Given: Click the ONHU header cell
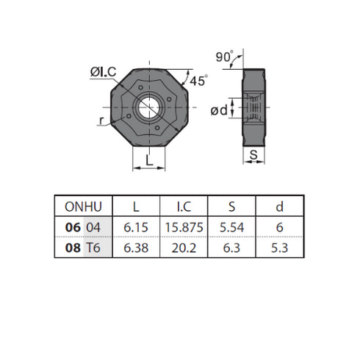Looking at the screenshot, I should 84,206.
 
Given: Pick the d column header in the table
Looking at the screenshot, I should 280,206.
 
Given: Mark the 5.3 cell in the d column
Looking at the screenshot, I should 280,248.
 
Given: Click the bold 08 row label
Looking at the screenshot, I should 73,248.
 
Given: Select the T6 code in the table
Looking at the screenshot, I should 93,248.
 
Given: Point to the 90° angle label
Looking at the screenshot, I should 225,57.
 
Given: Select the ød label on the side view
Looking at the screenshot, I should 219,110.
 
